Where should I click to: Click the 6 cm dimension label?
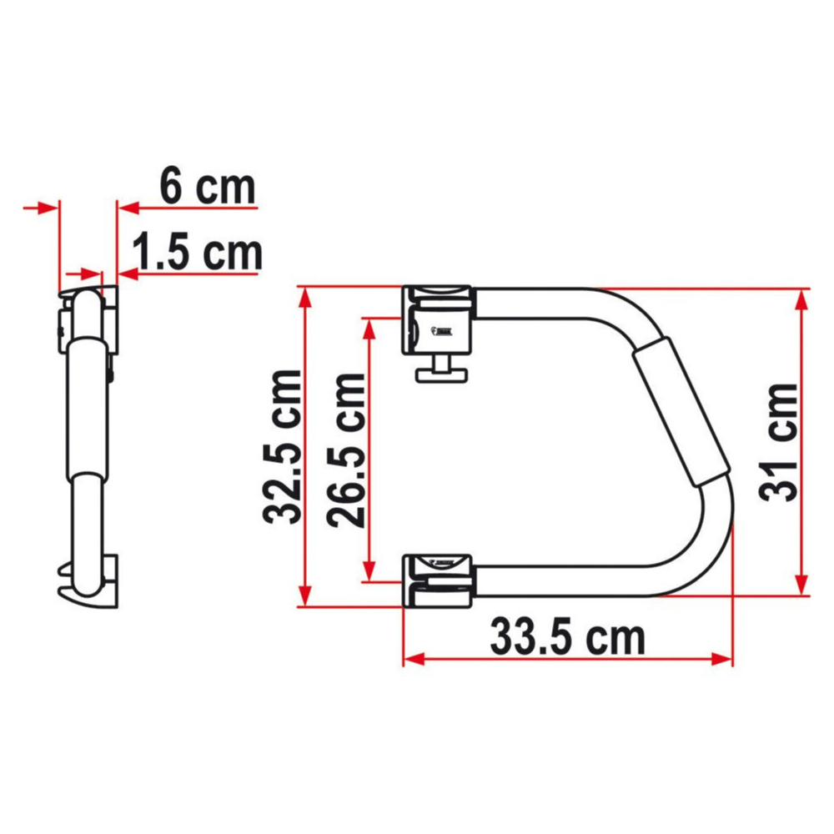pyautogui.click(x=207, y=187)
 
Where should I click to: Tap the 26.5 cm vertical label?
pyautogui.click(x=346, y=450)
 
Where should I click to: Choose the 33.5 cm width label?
pyautogui.click(x=567, y=639)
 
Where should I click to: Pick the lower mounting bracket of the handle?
pyautogui.click(x=439, y=577)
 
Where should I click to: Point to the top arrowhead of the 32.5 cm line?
pyautogui.click(x=306, y=297)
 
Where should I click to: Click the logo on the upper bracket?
pyautogui.click(x=441, y=330)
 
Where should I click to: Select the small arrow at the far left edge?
pyautogui.click(x=33, y=207)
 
